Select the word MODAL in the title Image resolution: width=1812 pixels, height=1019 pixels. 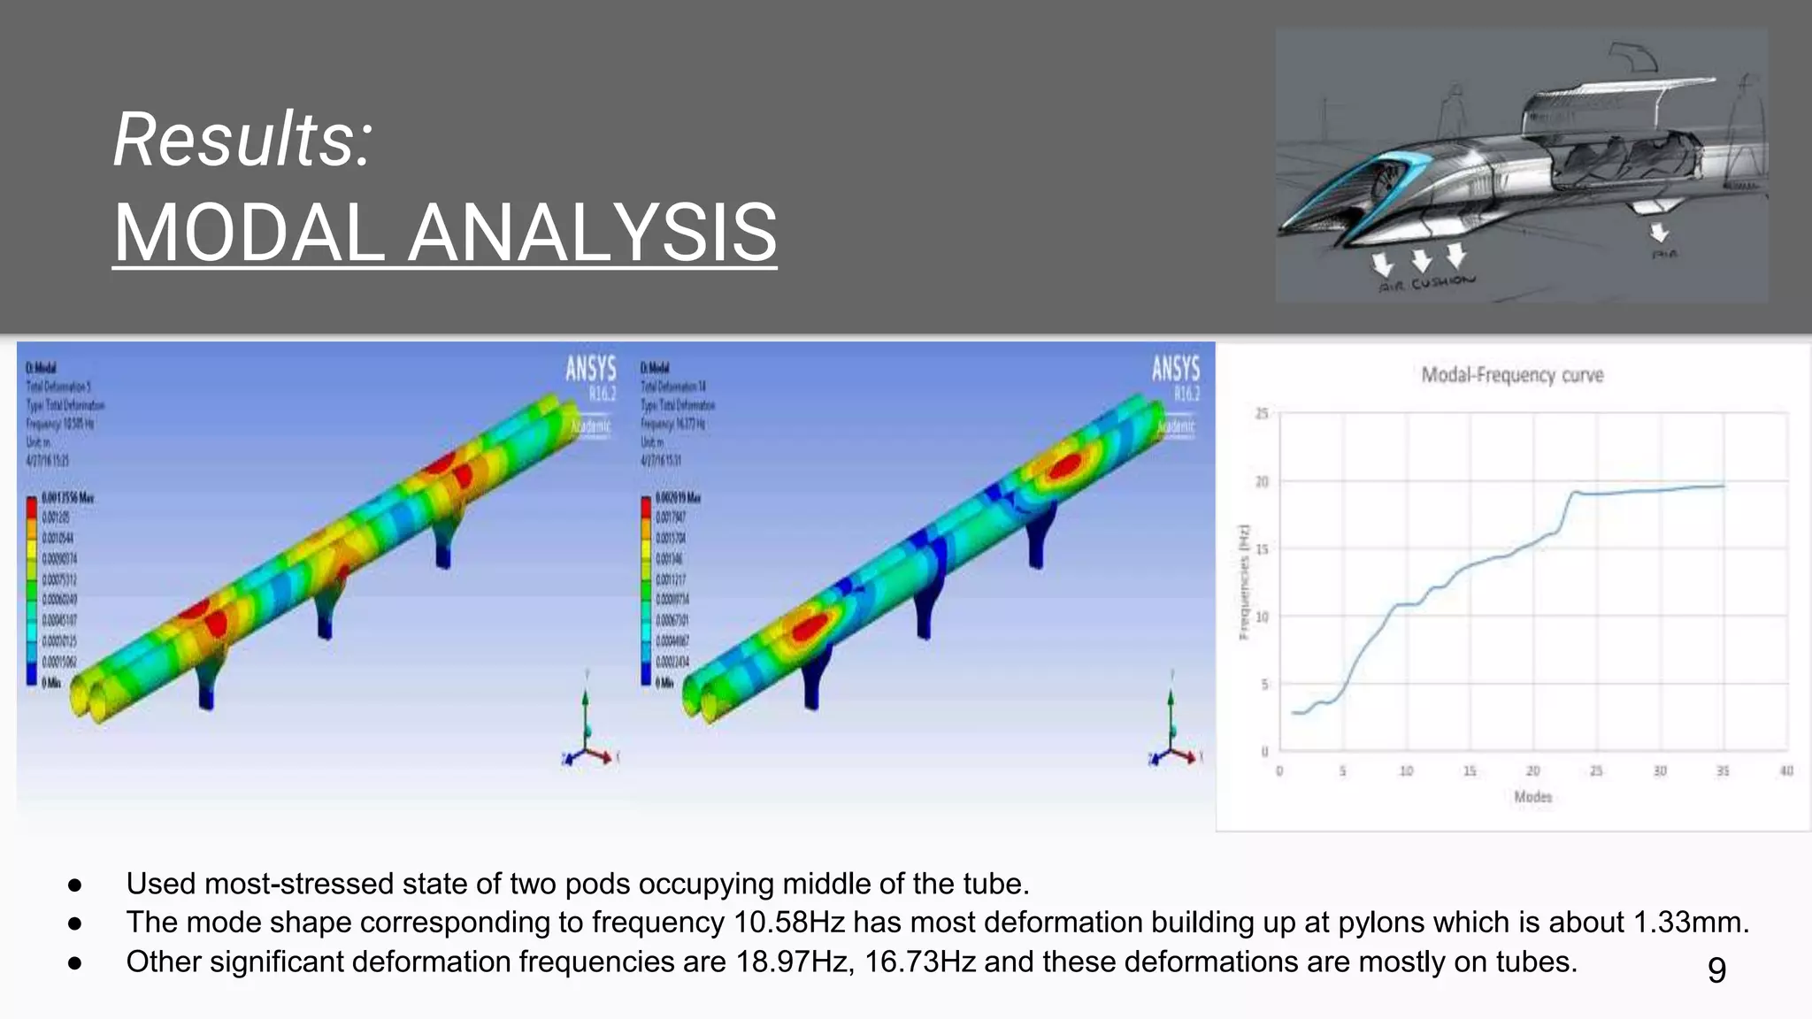(249, 233)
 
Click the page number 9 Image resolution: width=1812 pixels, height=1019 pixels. (1716, 969)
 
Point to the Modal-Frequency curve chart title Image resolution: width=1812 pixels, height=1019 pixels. (1512, 375)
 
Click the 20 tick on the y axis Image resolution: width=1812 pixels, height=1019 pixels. (1262, 482)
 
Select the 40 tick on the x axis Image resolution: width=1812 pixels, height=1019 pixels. (1786, 771)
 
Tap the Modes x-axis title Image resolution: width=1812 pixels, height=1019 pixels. (1532, 797)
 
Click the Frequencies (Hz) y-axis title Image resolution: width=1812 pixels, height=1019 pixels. (1244, 582)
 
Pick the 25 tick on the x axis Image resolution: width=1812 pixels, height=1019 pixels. (1596, 771)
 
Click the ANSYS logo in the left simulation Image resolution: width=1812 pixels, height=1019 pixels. (590, 369)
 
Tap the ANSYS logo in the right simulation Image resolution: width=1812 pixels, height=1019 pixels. (1175, 369)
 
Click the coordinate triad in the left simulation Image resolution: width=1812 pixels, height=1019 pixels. (587, 734)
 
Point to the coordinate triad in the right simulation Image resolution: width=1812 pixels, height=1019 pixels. (1172, 734)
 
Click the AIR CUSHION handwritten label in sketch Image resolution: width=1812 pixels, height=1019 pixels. (1427, 283)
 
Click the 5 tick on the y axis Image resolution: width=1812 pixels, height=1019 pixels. (1263, 684)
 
